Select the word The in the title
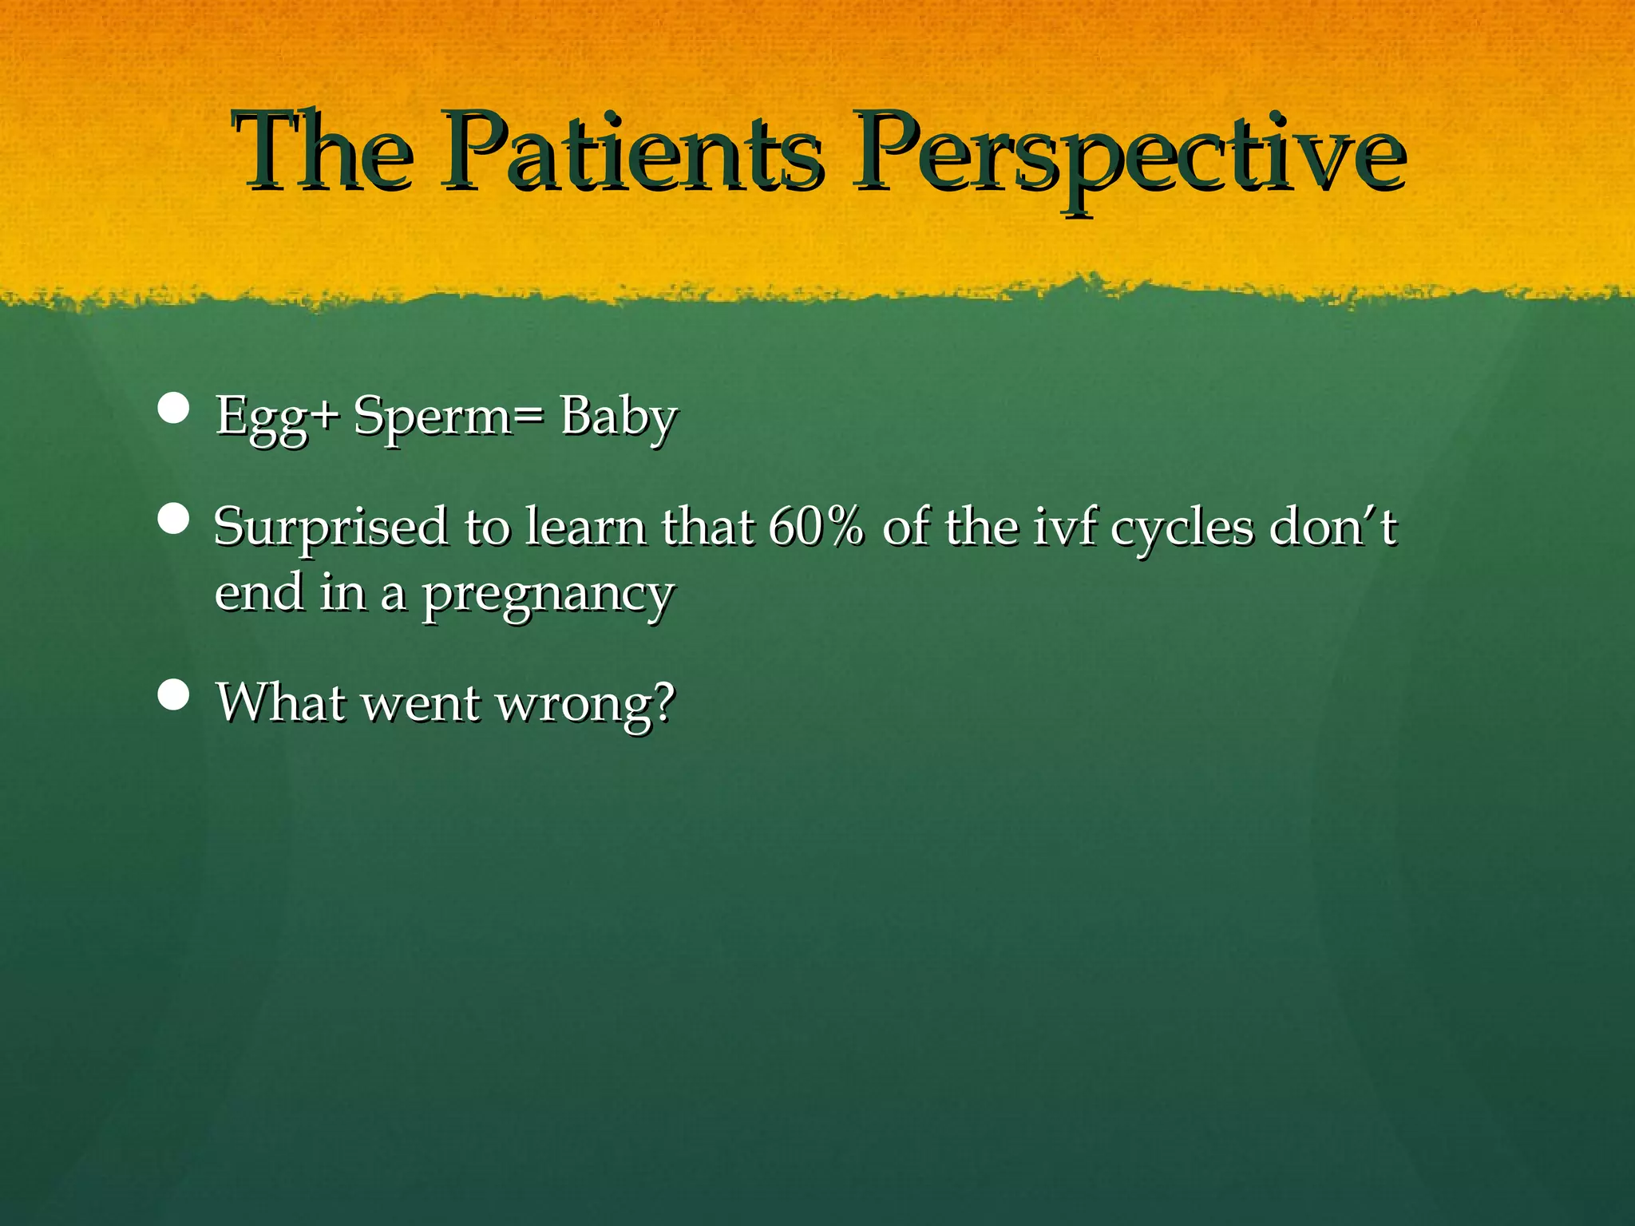coord(323,152)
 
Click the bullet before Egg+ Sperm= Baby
coord(173,408)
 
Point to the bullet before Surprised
coord(173,520)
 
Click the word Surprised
coord(331,528)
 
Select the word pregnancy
coord(548,595)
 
